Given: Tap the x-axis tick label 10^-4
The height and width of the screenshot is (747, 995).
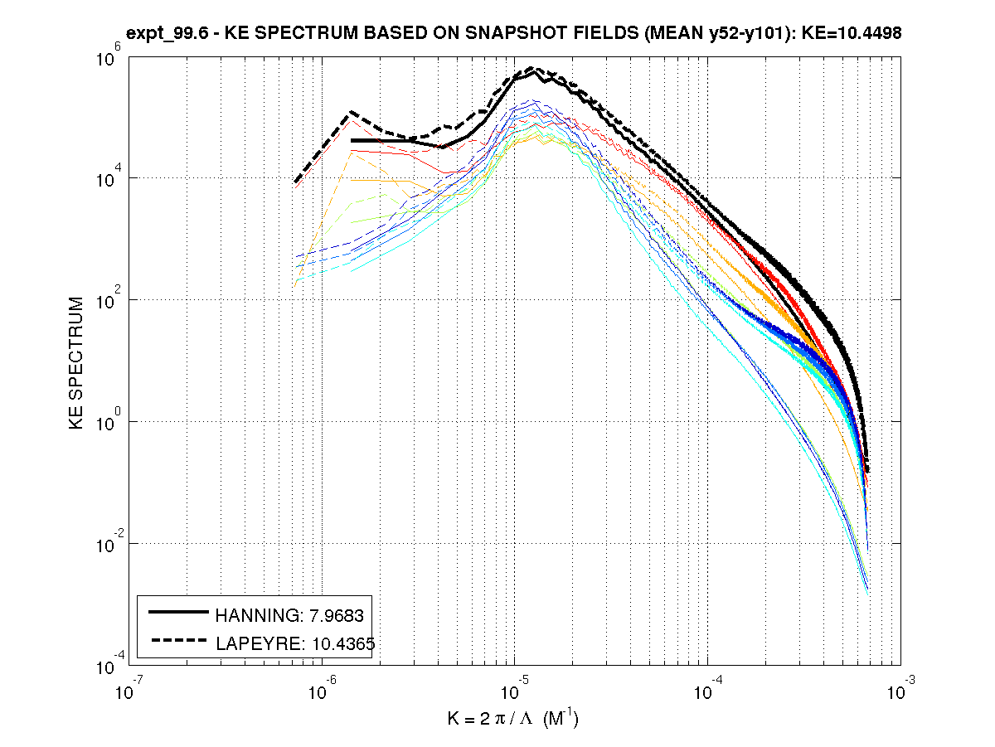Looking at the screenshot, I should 706,687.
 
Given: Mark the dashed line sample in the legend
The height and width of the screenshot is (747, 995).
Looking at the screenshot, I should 177,639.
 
